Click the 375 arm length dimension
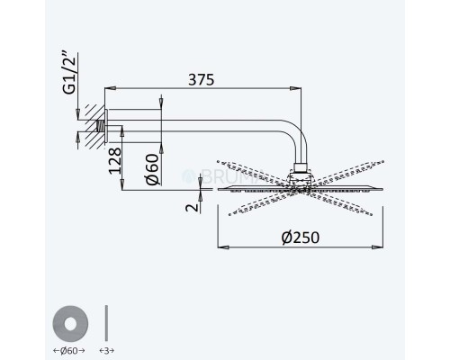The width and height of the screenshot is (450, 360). [x=202, y=79]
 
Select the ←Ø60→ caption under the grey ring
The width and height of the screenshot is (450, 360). [x=71, y=348]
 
